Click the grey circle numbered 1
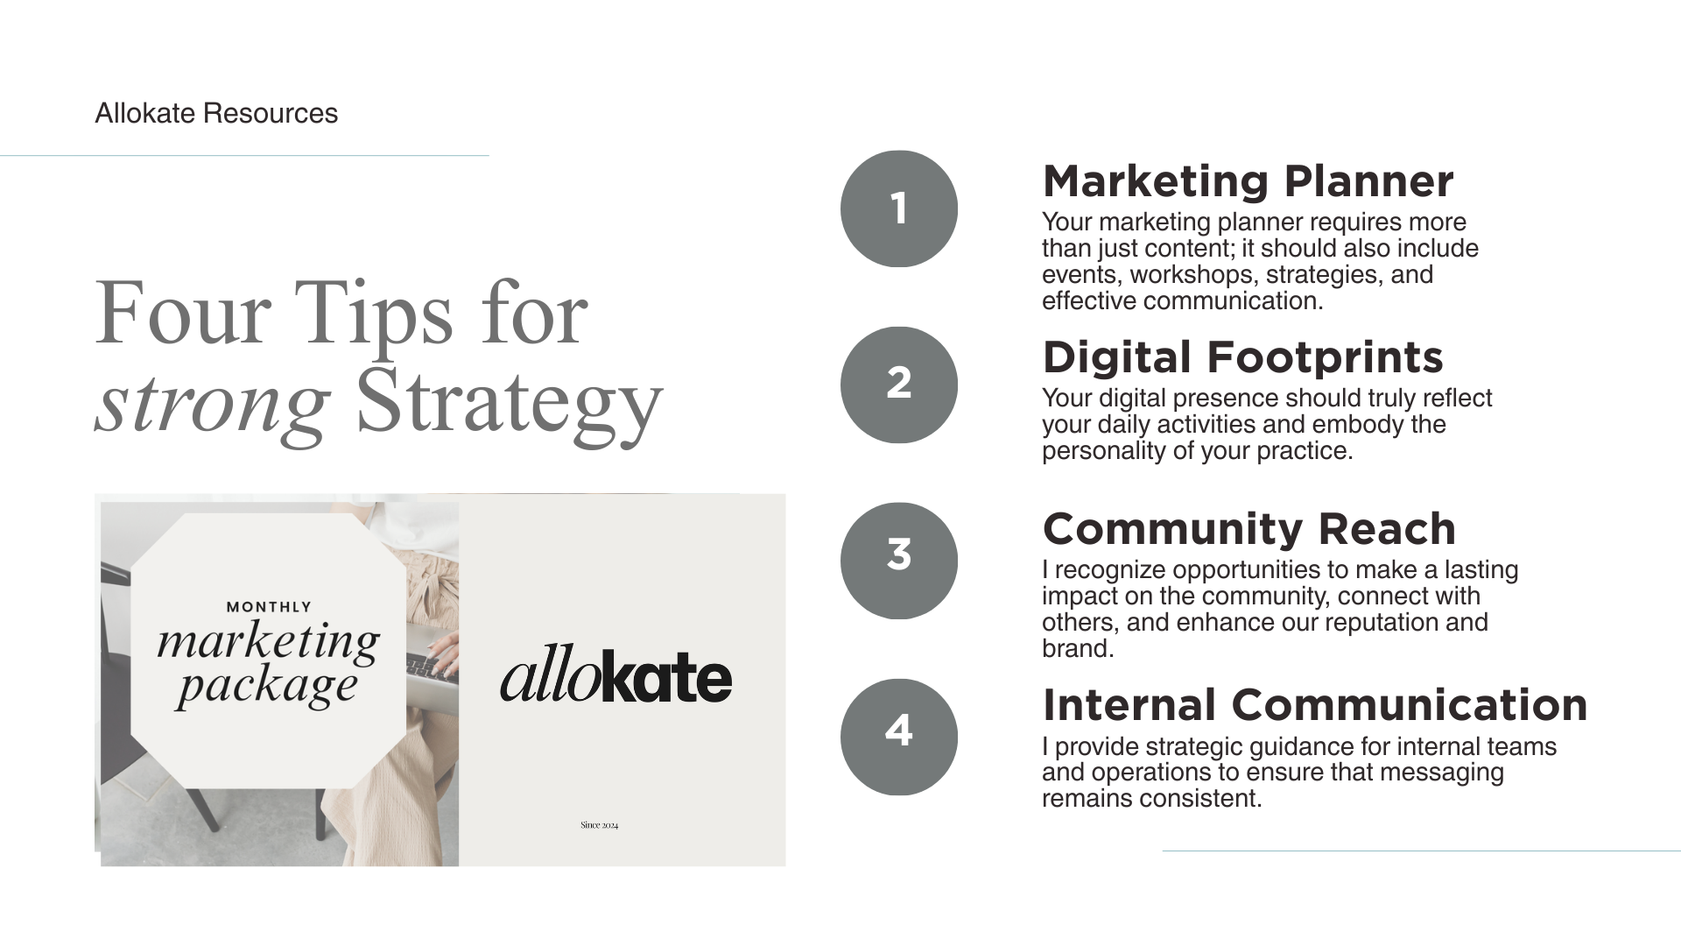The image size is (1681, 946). pos(898,208)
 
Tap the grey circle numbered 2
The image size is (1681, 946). pos(898,385)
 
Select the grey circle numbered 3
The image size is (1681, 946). pos(898,561)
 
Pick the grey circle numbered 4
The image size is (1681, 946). pos(898,737)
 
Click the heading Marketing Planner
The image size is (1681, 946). pos(1248,181)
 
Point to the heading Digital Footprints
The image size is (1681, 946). pos(1242,357)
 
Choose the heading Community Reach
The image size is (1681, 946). pos(1248,529)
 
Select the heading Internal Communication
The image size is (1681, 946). pos(1314,705)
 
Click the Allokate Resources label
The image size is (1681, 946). pos(216,113)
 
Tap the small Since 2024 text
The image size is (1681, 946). pos(599,825)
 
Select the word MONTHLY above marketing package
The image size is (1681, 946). pos(269,606)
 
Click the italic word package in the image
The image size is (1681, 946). pos(267,686)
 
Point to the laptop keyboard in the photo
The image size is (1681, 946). pos(431,668)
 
